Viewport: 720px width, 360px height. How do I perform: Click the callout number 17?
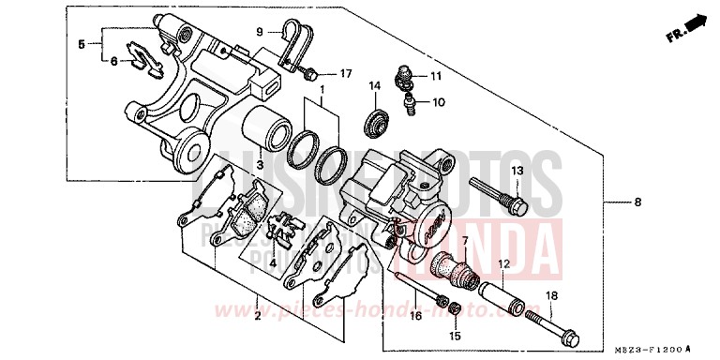click(346, 72)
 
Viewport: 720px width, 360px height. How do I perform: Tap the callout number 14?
click(373, 86)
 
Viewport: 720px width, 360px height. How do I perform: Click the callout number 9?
click(262, 33)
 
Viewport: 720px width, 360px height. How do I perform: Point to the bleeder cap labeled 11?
click(406, 71)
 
